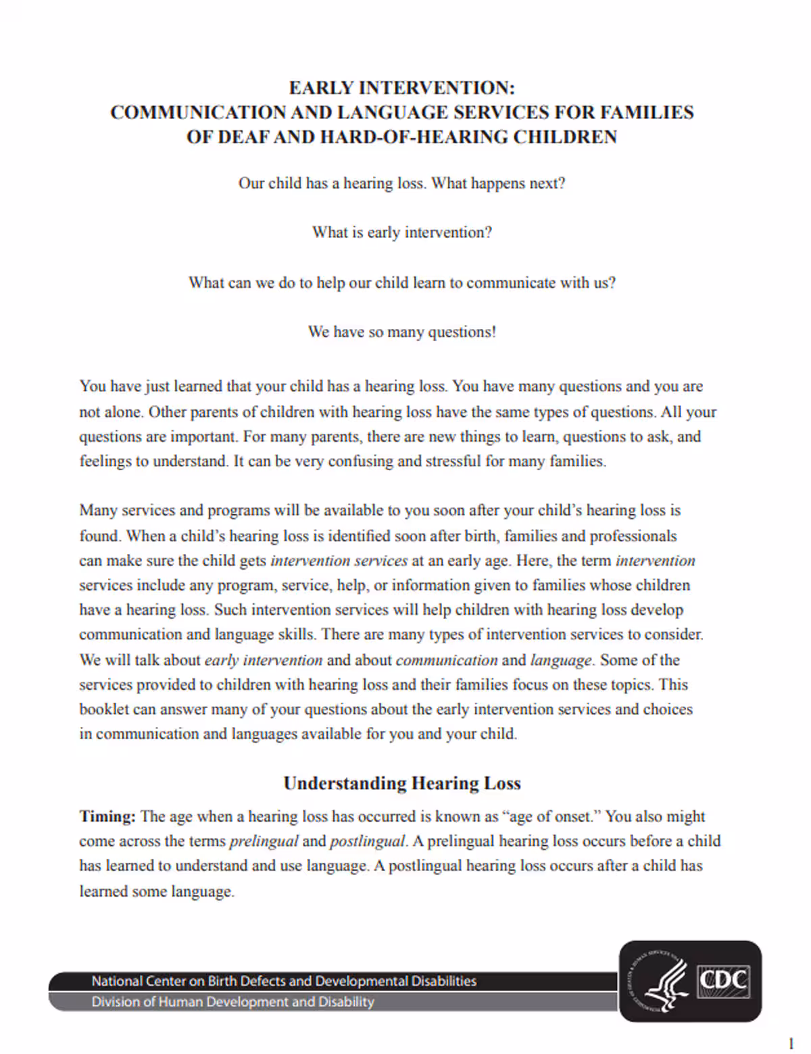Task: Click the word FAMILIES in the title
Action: [647, 112]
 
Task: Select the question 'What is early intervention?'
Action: [401, 232]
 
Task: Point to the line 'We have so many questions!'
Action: [401, 332]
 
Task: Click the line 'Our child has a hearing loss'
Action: [331, 183]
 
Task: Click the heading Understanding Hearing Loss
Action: [401, 783]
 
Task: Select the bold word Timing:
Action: [107, 816]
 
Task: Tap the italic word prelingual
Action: [264, 841]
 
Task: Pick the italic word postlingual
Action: [368, 841]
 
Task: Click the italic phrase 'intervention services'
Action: [339, 561]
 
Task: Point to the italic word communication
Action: [446, 660]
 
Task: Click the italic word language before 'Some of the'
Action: [560, 660]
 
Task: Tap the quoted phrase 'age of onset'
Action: [551, 816]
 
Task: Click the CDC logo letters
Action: [723, 979]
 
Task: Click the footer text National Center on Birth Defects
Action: [284, 981]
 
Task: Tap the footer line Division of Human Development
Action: [232, 1001]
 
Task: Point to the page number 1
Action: [791, 1043]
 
